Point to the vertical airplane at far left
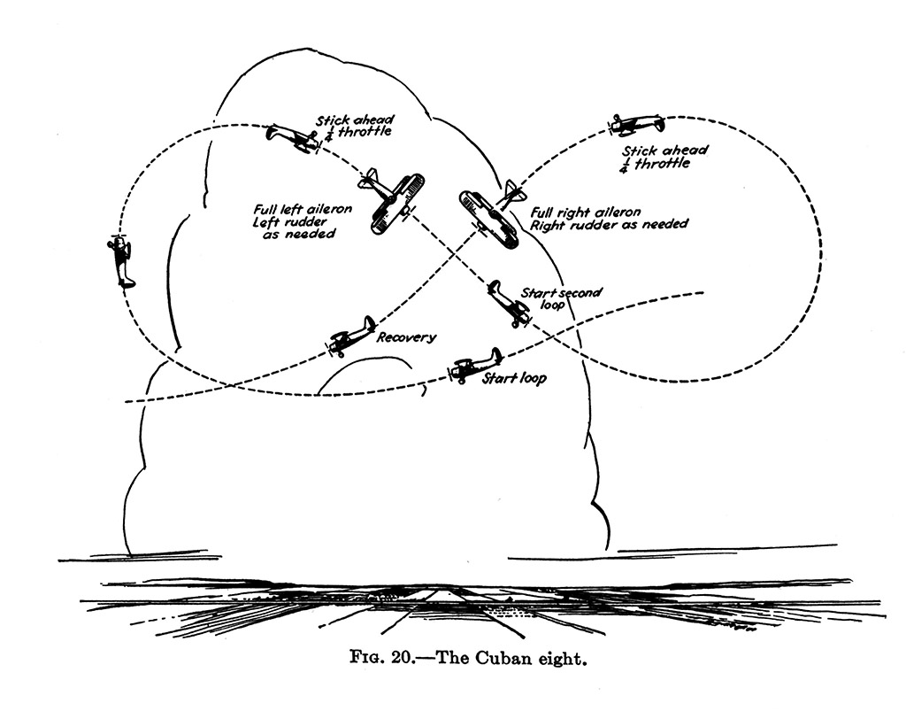(x=122, y=260)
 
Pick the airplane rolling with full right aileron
(x=489, y=214)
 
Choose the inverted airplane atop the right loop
(x=636, y=124)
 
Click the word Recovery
(x=407, y=337)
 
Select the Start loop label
(x=514, y=379)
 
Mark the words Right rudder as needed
(x=609, y=225)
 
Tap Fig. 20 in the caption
(x=375, y=663)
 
